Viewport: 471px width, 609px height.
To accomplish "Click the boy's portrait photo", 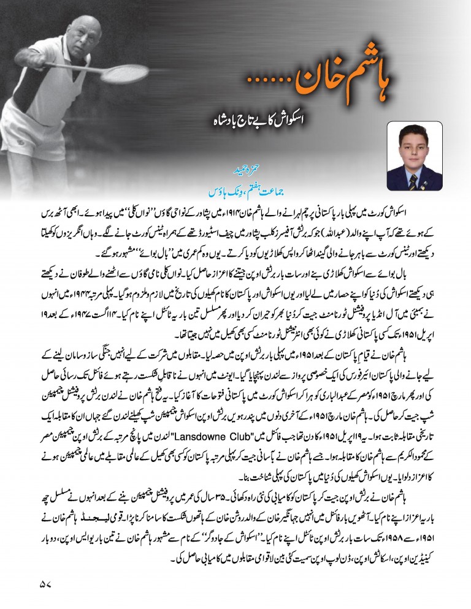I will point(415,156).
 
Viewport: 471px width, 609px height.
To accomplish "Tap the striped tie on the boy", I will point(415,181).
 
